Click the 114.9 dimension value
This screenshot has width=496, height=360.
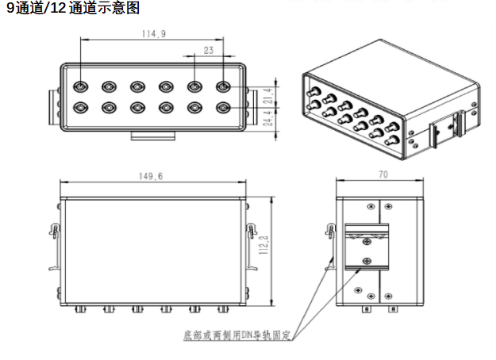(154, 34)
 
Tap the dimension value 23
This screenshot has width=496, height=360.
(209, 50)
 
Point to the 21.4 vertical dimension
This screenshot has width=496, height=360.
(268, 96)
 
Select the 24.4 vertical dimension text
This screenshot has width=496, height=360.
(268, 118)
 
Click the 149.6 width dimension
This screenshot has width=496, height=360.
(151, 176)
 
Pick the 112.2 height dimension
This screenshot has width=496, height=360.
(263, 244)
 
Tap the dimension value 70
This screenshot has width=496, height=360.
(383, 174)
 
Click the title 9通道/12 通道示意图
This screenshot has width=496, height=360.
(73, 8)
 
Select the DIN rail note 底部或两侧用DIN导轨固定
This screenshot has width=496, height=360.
(237, 335)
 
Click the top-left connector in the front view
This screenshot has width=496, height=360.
(81, 86)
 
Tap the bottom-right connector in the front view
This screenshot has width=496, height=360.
(223, 108)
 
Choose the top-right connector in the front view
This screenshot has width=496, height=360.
(223, 86)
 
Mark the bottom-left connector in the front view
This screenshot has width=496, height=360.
(81, 108)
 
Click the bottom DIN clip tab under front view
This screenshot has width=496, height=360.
(153, 136)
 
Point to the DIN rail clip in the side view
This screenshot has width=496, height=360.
(367, 247)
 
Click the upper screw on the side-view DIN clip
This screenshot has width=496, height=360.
(367, 242)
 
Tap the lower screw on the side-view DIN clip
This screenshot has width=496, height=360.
(367, 262)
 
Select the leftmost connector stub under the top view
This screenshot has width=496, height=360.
(80, 309)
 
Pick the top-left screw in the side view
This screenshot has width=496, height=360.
(371, 207)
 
